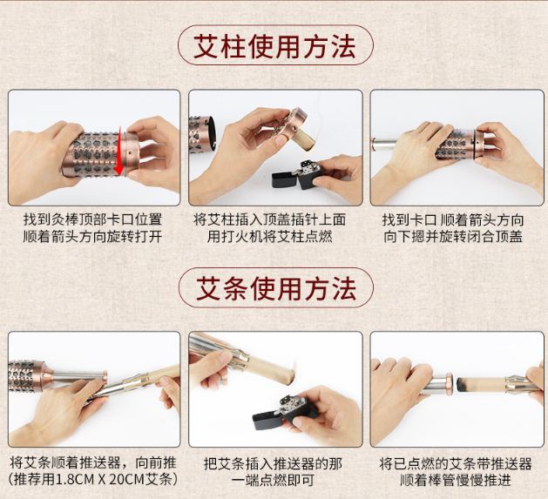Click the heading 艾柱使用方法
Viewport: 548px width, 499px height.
[275, 46]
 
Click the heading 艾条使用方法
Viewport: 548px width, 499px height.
[276, 288]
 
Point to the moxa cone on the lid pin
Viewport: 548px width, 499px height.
[305, 140]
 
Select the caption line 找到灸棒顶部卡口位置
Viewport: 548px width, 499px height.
[92, 219]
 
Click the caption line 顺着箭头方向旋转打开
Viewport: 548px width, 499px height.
[92, 237]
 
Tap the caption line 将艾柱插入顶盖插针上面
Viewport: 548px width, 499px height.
[269, 219]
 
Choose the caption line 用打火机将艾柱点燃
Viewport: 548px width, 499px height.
[269, 237]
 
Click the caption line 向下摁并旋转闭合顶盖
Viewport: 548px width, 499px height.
[453, 237]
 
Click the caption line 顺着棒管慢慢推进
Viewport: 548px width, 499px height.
[456, 480]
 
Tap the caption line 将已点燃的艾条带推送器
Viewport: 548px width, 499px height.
[456, 463]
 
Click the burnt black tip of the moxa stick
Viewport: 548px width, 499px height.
[462, 382]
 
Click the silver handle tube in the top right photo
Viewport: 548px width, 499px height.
[383, 144]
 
